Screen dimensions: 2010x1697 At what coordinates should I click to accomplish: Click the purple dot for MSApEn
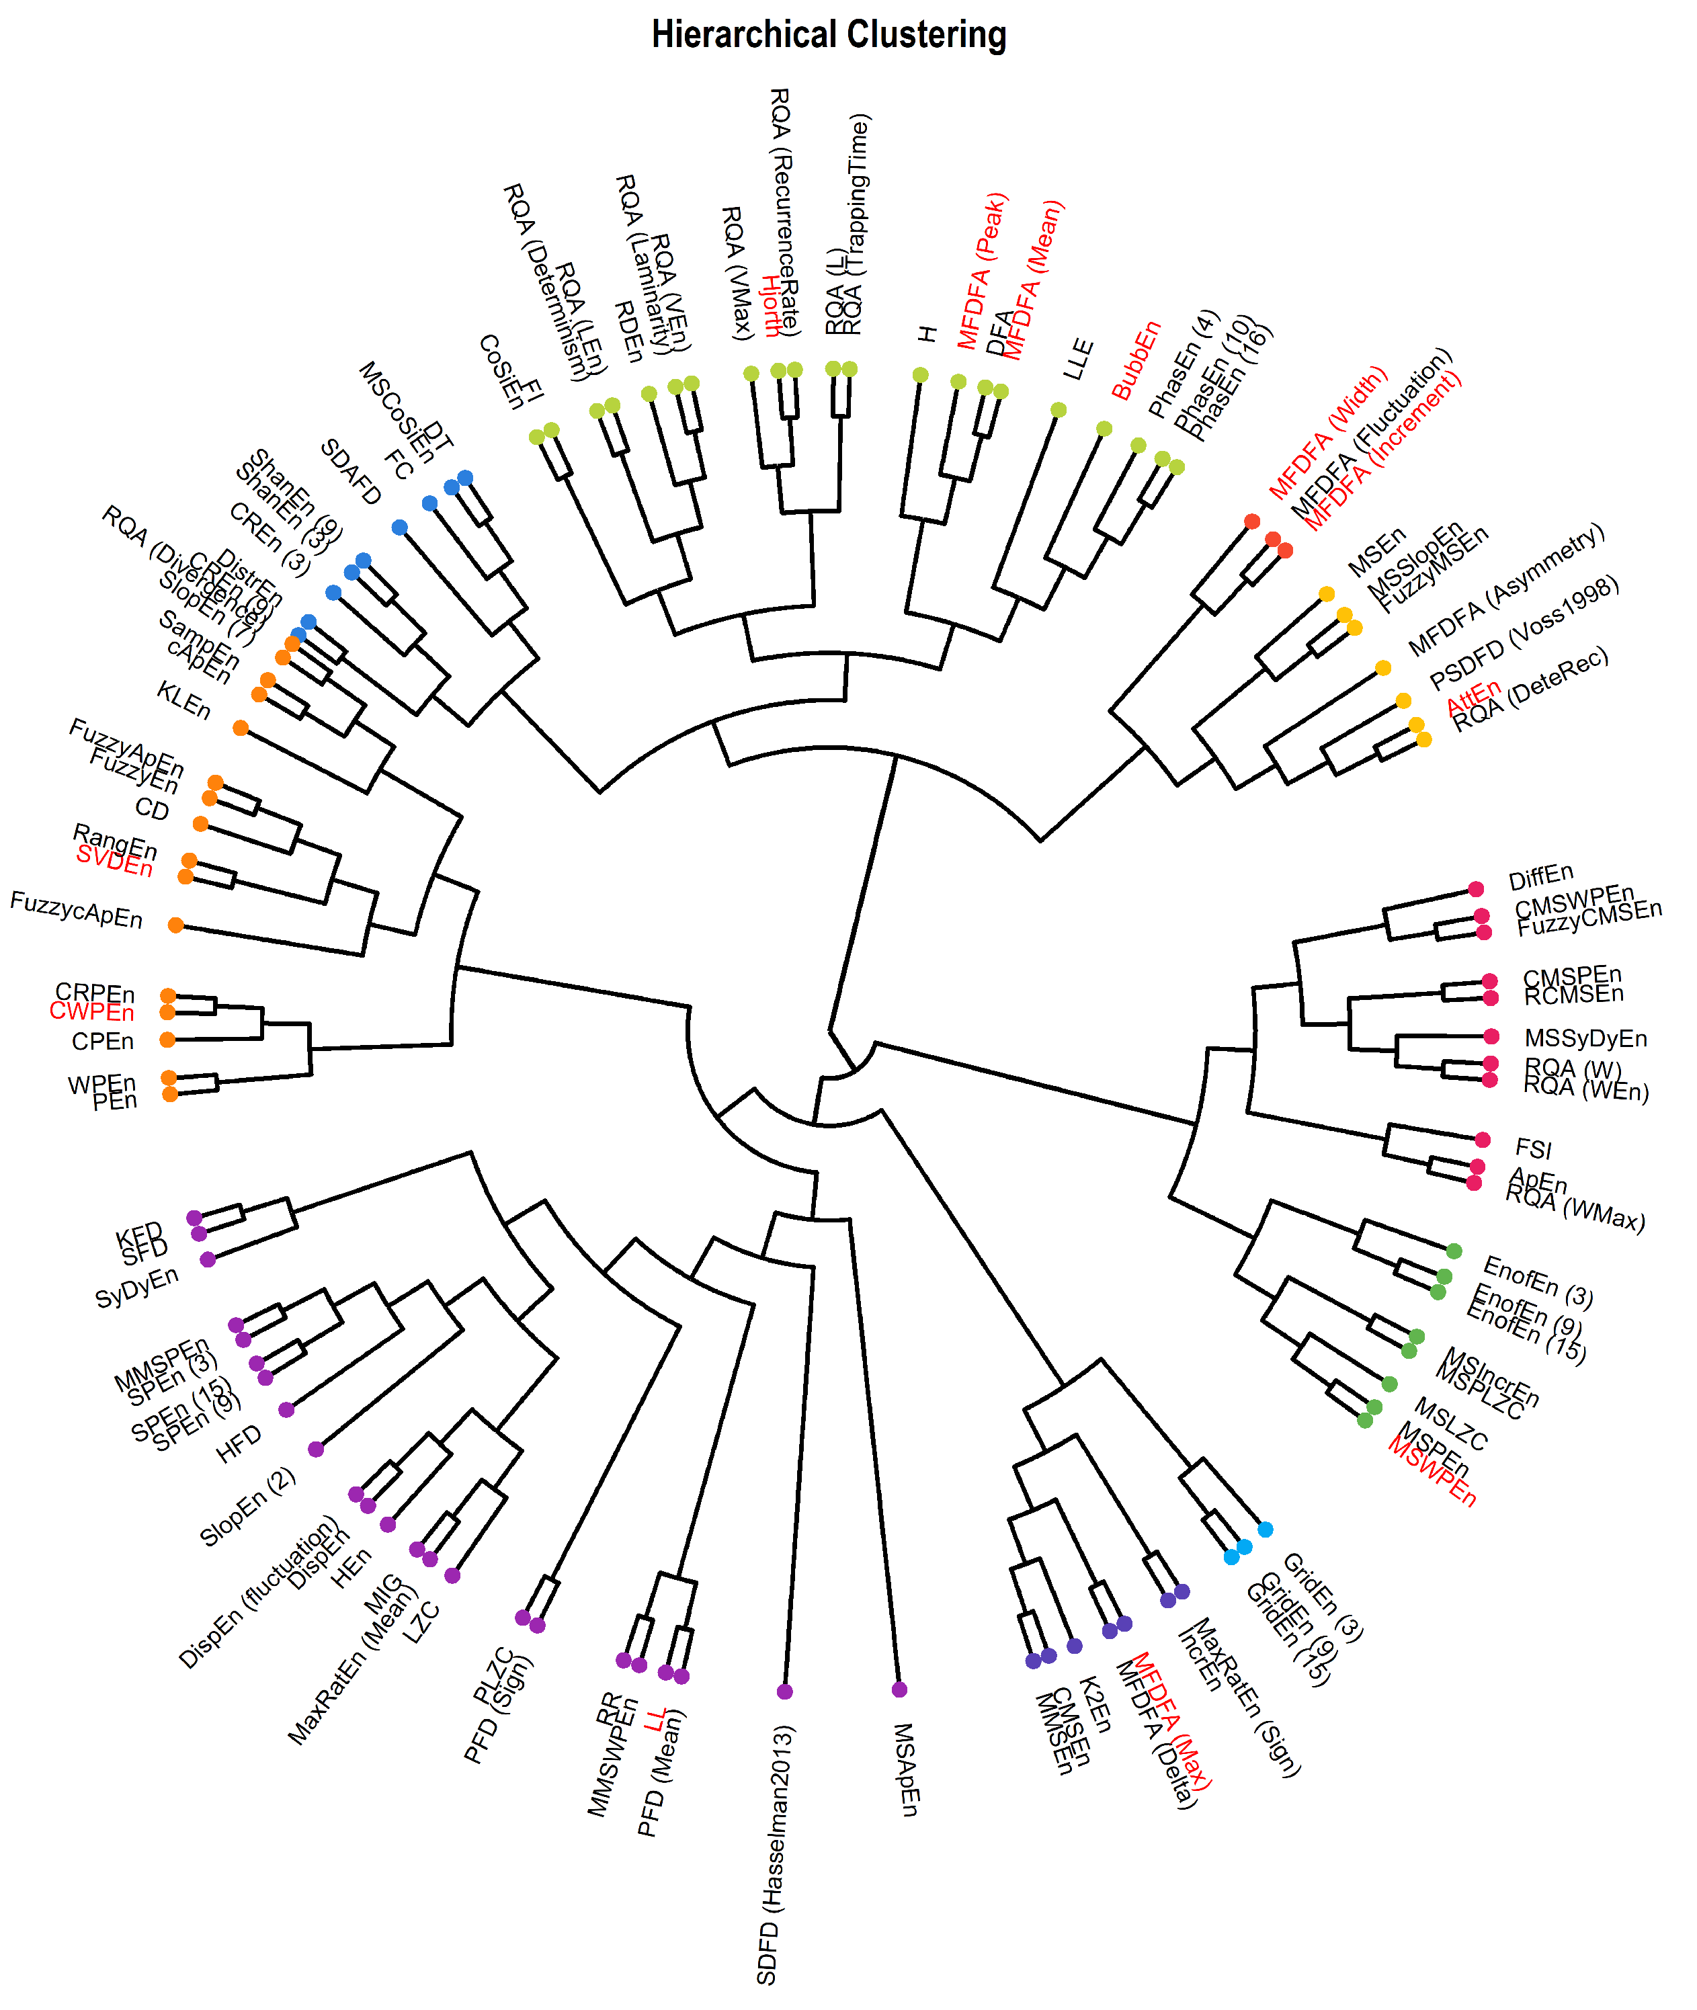899,1689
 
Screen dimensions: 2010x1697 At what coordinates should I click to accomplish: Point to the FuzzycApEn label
77,910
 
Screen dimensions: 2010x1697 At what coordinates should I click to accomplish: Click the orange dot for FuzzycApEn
175,925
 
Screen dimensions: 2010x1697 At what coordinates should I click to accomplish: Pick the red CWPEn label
92,1012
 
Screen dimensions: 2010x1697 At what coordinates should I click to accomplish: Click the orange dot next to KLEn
241,728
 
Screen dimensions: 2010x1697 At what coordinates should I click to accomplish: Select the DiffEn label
1541,878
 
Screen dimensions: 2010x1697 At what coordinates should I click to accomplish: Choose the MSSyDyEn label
1586,1039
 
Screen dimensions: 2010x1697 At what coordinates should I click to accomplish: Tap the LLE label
1079,359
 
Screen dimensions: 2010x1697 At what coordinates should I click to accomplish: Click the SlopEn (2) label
247,1507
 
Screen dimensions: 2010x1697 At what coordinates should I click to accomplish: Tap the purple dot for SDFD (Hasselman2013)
785,1691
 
